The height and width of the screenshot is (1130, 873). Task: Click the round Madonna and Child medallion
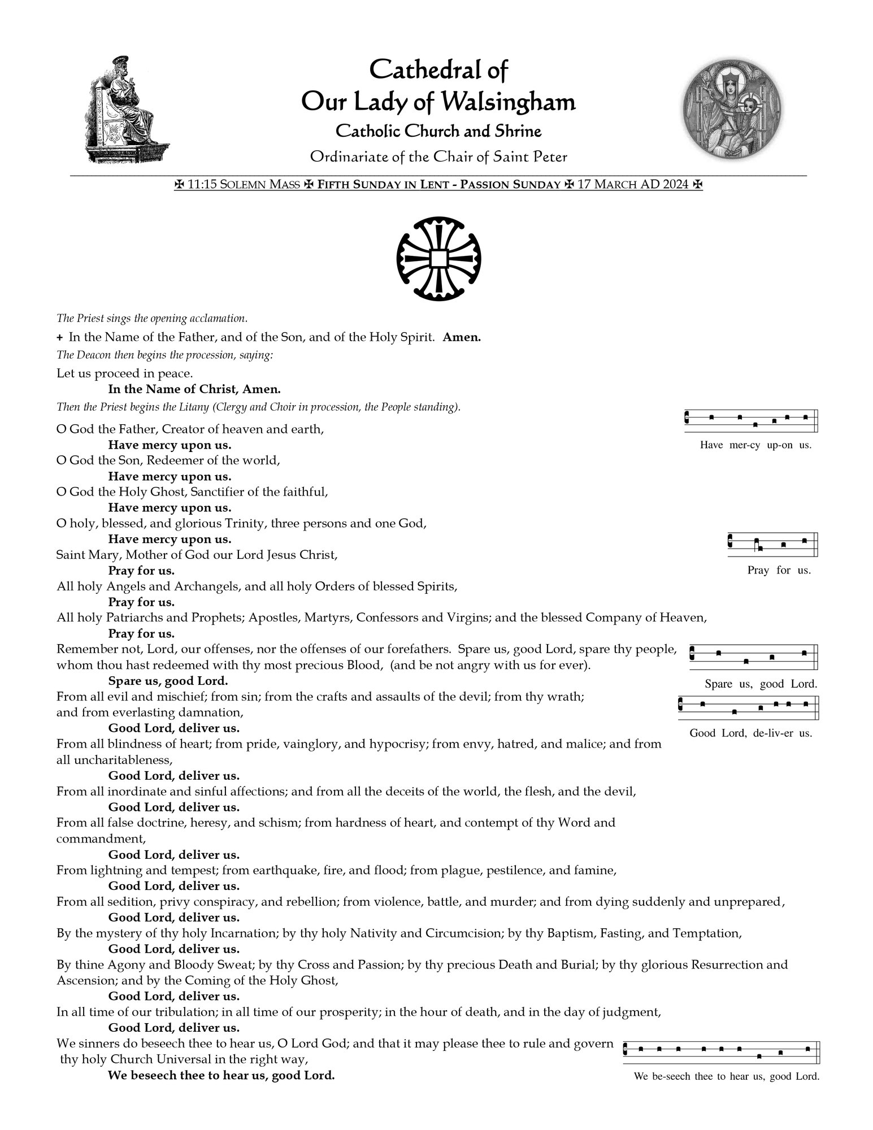(732, 109)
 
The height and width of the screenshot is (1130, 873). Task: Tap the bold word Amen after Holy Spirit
(462, 338)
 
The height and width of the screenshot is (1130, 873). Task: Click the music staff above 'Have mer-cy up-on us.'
(751, 420)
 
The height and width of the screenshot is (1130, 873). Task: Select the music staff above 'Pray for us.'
(772, 545)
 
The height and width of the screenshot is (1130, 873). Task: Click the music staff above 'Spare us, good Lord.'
(754, 657)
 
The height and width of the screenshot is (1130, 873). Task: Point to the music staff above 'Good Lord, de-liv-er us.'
(748, 707)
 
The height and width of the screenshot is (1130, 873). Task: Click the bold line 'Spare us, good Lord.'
(168, 681)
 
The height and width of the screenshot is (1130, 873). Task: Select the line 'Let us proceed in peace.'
(124, 373)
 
